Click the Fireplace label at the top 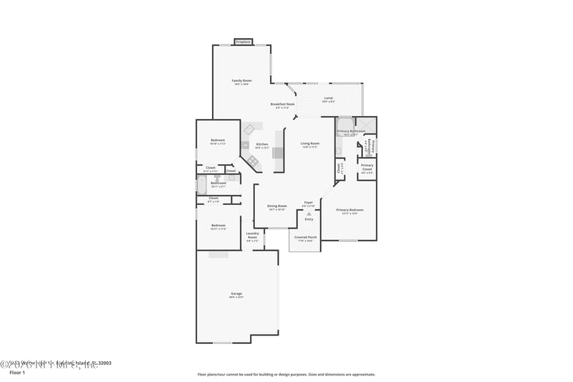[x=244, y=42]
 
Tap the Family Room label [x=241, y=81]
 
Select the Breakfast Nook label [x=282, y=104]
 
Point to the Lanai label [x=328, y=97]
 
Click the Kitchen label [x=262, y=144]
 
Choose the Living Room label [x=310, y=143]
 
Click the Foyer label [x=309, y=202]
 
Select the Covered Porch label [x=306, y=237]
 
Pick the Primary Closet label [x=367, y=166]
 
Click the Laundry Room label [x=252, y=234]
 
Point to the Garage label [x=236, y=293]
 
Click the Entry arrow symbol [x=309, y=214]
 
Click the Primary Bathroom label [x=351, y=131]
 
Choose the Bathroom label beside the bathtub [x=218, y=183]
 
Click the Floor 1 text [x=16, y=373]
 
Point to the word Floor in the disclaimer [x=203, y=374]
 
